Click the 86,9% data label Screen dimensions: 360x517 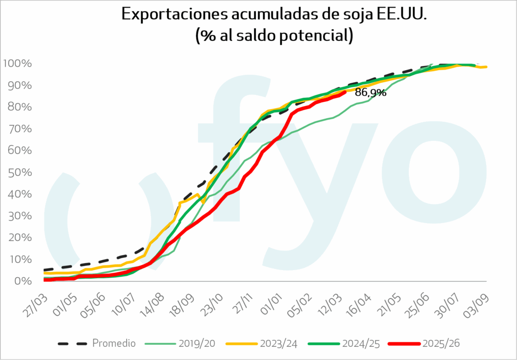tap(371, 93)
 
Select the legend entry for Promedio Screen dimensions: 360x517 tap(114, 343)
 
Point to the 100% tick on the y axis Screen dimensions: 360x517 tap(18, 64)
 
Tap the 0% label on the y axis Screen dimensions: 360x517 tap(23, 281)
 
